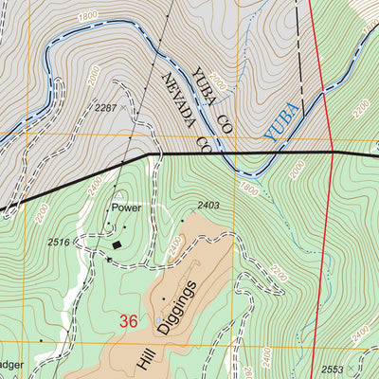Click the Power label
(x=126, y=206)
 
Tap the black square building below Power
(x=117, y=245)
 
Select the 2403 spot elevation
(x=208, y=205)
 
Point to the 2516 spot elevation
(x=59, y=243)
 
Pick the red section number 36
(x=129, y=322)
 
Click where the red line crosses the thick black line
(x=332, y=152)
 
